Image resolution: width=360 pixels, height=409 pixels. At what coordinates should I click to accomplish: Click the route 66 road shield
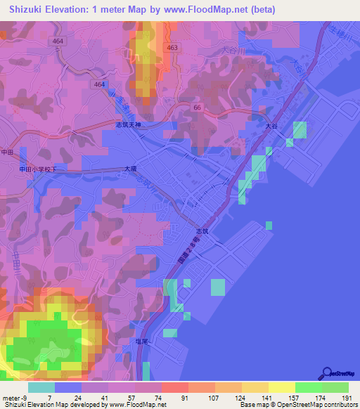(198, 105)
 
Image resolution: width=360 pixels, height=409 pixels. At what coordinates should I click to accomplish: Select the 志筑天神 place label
(128, 124)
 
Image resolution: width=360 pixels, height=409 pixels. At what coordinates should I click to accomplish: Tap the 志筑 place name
(202, 230)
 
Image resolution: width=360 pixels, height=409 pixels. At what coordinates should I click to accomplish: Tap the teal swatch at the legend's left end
(41, 387)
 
